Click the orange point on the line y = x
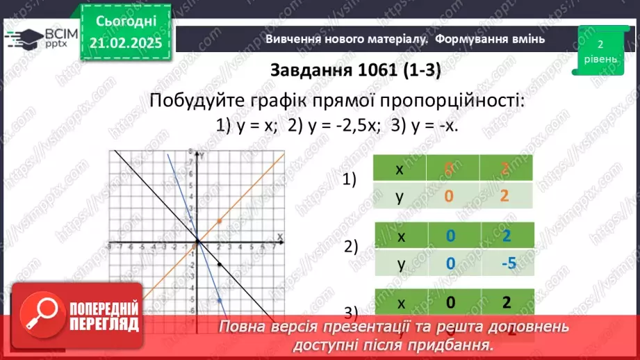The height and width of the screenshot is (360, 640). [220, 221]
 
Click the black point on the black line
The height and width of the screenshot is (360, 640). [220, 265]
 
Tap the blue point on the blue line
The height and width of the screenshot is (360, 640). [220, 300]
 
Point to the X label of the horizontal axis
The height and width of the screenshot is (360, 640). [280, 237]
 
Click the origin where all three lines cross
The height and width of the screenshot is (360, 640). [198, 242]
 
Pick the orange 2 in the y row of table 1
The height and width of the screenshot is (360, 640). [504, 196]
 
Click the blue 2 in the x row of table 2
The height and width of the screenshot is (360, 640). [506, 236]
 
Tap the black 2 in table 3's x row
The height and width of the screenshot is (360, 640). [506, 302]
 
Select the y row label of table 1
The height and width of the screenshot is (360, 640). [400, 196]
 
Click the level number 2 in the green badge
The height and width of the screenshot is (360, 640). [599, 43]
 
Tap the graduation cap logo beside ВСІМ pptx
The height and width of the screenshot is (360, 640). [25, 38]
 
